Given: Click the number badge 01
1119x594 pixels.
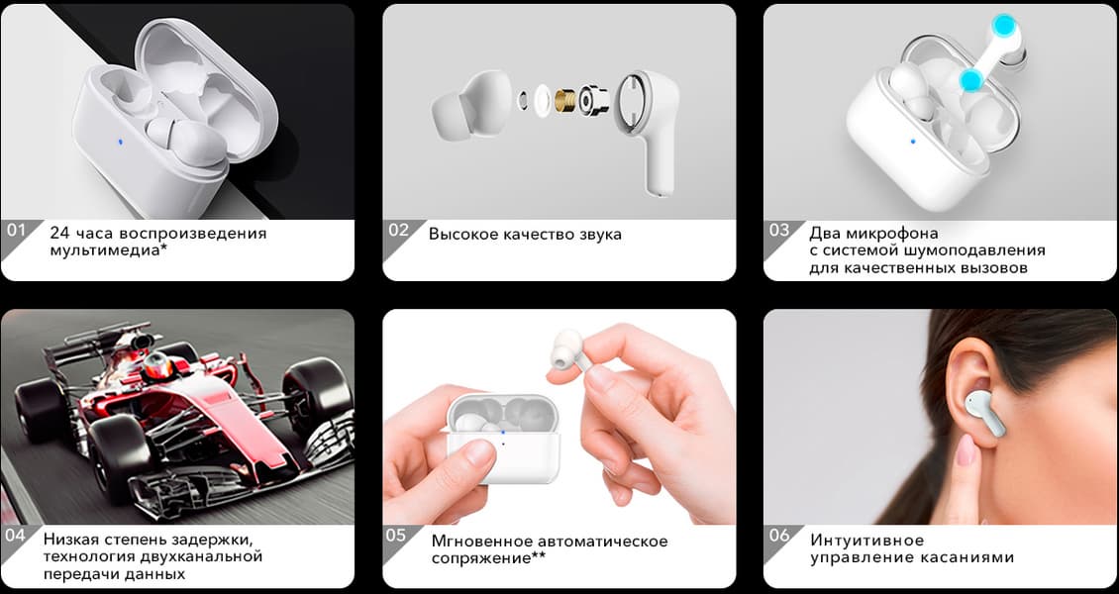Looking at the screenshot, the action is click(x=15, y=231).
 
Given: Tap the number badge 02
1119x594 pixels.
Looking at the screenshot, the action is click(x=398, y=231).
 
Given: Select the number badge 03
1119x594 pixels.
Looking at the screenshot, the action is click(x=779, y=231).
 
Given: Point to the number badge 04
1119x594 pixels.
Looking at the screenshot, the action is click(x=15, y=535).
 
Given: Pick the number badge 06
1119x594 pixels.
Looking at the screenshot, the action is click(x=779, y=536).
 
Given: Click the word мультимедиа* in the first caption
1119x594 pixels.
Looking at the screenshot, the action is click(x=109, y=251).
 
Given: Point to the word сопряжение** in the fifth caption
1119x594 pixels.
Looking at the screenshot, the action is click(x=489, y=558).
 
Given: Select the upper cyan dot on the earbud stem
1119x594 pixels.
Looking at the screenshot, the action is click(x=1005, y=26).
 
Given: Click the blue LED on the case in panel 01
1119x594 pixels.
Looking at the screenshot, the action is click(x=120, y=142).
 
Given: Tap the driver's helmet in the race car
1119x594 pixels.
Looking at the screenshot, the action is click(x=157, y=366).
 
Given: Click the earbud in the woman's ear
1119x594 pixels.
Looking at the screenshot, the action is click(x=984, y=413).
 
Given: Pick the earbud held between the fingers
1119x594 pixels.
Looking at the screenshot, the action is click(x=568, y=350).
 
